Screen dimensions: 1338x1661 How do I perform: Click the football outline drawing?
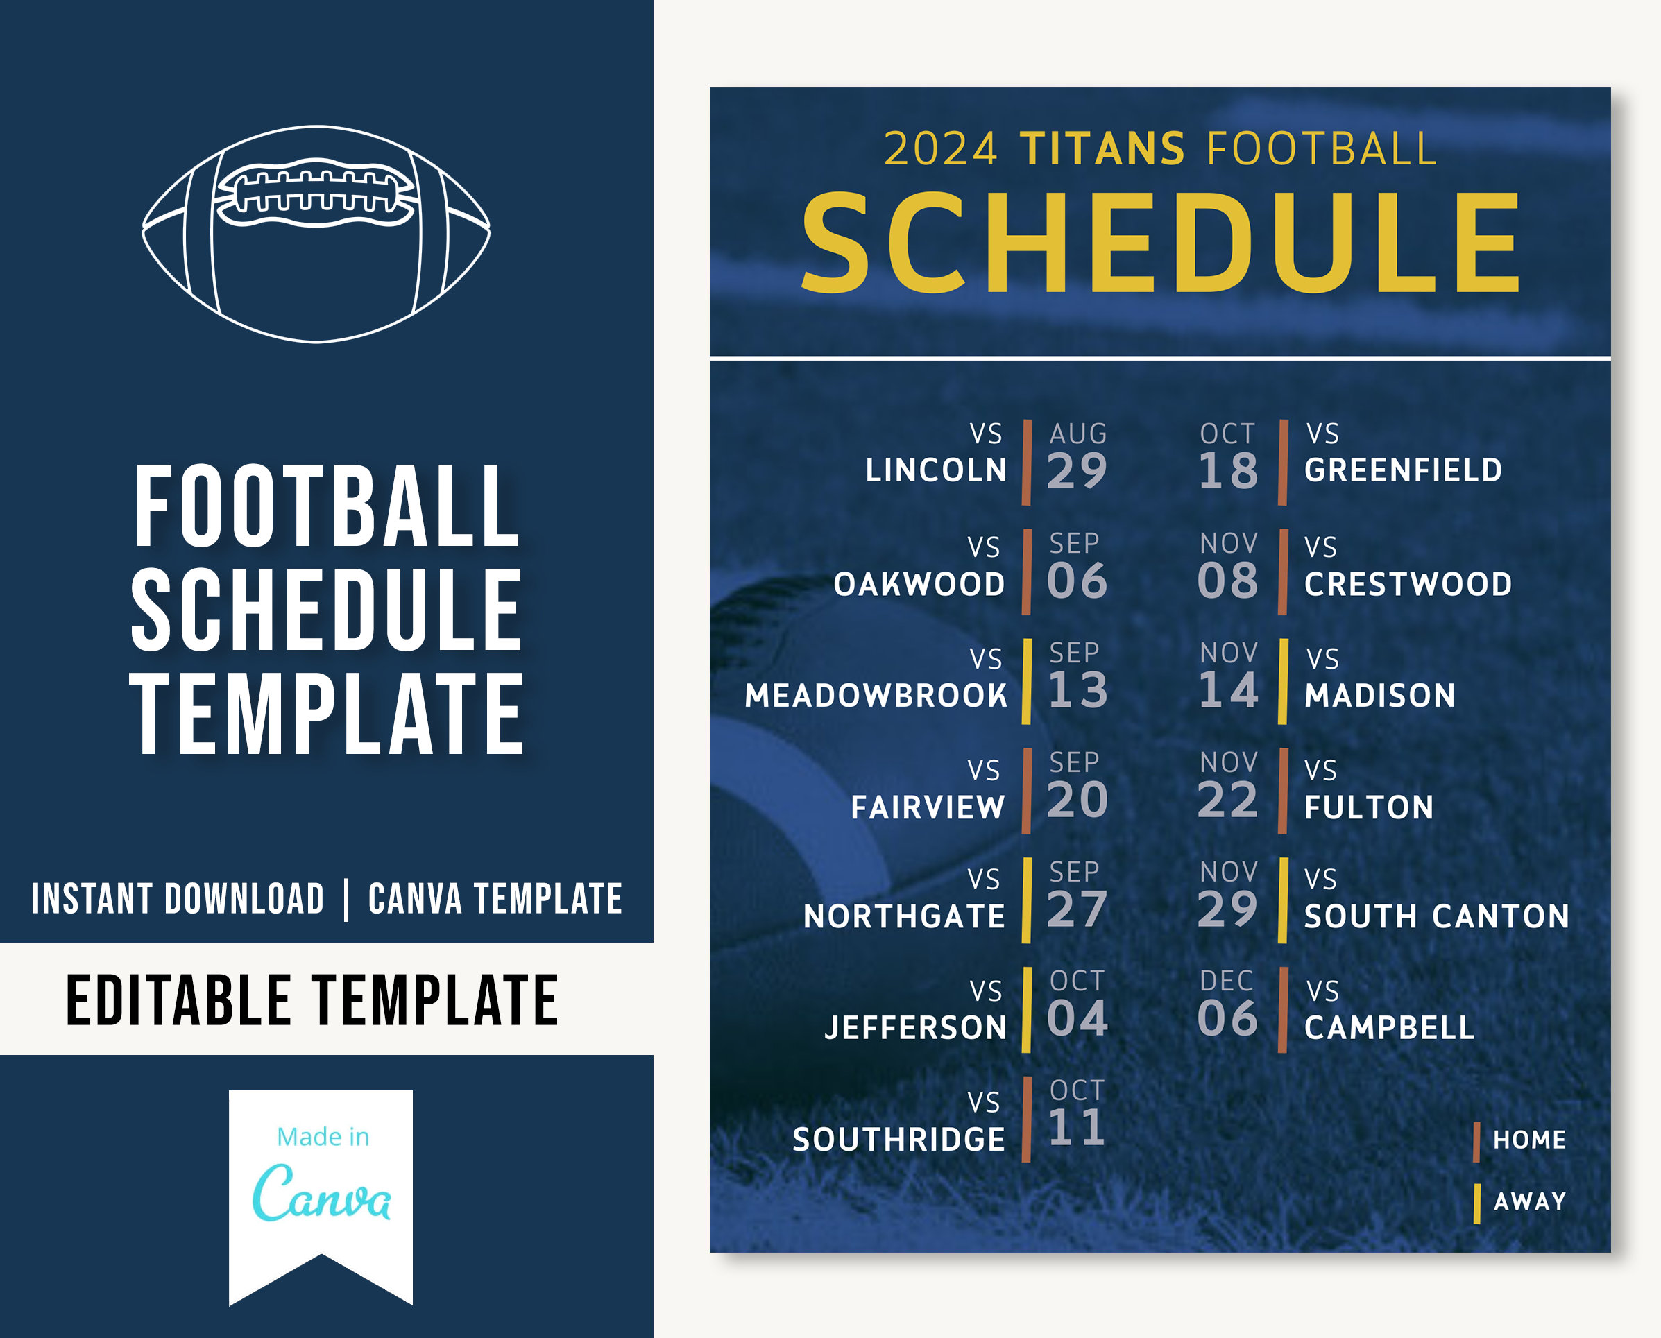click(x=316, y=234)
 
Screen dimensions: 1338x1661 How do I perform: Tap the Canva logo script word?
click(x=321, y=1193)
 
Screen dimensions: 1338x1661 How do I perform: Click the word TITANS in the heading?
click(x=1102, y=148)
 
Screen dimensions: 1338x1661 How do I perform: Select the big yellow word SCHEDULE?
click(x=1160, y=243)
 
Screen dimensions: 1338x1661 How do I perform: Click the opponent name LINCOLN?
click(x=936, y=470)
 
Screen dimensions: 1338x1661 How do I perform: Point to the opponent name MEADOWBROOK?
click(x=876, y=695)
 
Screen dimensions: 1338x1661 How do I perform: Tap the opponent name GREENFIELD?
click(x=1403, y=470)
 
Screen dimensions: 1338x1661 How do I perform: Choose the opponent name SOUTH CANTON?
click(x=1437, y=916)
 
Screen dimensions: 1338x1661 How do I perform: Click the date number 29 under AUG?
click(x=1077, y=471)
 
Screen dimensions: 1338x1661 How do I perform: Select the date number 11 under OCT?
click(x=1077, y=1129)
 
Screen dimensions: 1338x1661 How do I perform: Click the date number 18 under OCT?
click(x=1228, y=471)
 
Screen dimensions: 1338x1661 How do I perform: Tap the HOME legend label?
click(x=1529, y=1140)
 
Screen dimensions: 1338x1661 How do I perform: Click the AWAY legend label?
click(x=1529, y=1201)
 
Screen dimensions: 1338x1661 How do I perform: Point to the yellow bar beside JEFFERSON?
click(x=1027, y=1010)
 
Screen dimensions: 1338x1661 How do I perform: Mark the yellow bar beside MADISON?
click(x=1283, y=681)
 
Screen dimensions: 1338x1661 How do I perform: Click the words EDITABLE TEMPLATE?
click(x=312, y=1000)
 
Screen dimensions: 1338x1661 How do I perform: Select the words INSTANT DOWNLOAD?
click(x=178, y=899)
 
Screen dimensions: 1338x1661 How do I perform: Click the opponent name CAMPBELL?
click(x=1389, y=1027)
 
